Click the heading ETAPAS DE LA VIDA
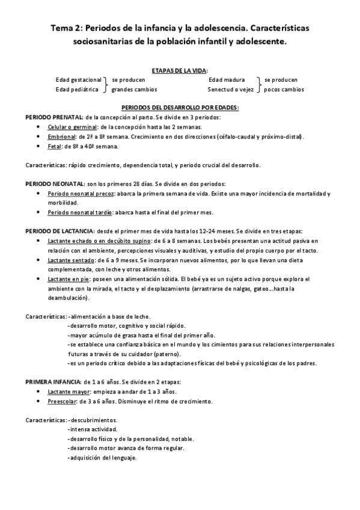(x=179, y=70)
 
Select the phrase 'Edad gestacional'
(x=78, y=79)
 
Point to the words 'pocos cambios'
(x=284, y=90)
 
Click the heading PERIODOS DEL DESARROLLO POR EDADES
(x=180, y=107)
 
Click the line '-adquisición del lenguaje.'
(x=103, y=458)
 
